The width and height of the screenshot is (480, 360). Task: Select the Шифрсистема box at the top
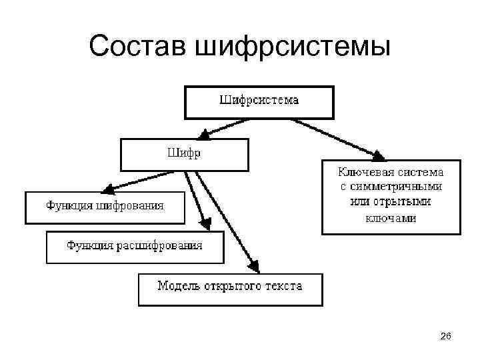click(x=259, y=102)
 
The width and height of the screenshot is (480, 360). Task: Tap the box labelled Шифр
click(x=184, y=154)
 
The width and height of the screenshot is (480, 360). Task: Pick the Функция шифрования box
click(x=105, y=206)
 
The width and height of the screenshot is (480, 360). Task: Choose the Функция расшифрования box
click(x=134, y=247)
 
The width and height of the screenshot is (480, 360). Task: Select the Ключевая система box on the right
click(x=391, y=196)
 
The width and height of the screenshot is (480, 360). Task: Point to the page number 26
click(x=446, y=339)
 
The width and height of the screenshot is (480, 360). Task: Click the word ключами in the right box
click(x=391, y=218)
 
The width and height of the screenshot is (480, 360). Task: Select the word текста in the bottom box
click(x=283, y=286)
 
